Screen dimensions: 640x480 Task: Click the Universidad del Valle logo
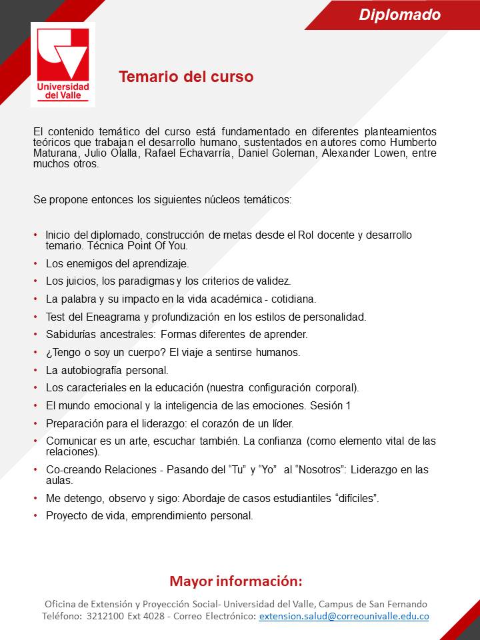pos(63,64)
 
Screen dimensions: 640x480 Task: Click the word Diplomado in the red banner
pos(399,15)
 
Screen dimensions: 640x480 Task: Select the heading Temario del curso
pos(186,77)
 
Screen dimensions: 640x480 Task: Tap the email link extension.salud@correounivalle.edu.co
pos(343,617)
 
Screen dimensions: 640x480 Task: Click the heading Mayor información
pos(236,581)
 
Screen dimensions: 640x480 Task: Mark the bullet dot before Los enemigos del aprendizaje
pos(35,263)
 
